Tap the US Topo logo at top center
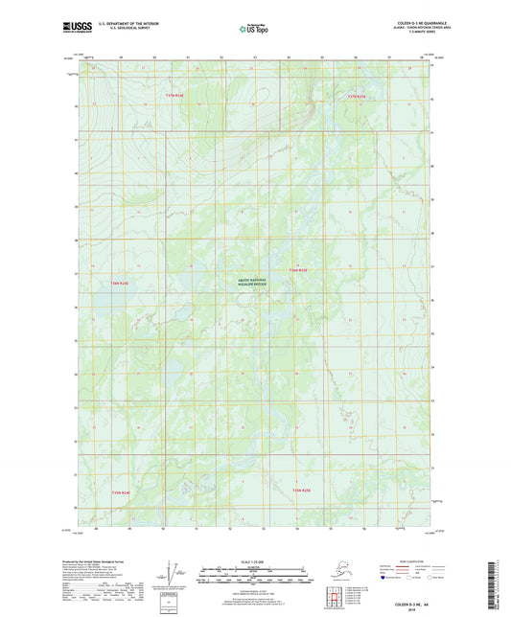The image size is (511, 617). [x=254, y=30]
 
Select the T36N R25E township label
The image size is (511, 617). [x=299, y=271]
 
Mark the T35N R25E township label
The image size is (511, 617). [x=301, y=492]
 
